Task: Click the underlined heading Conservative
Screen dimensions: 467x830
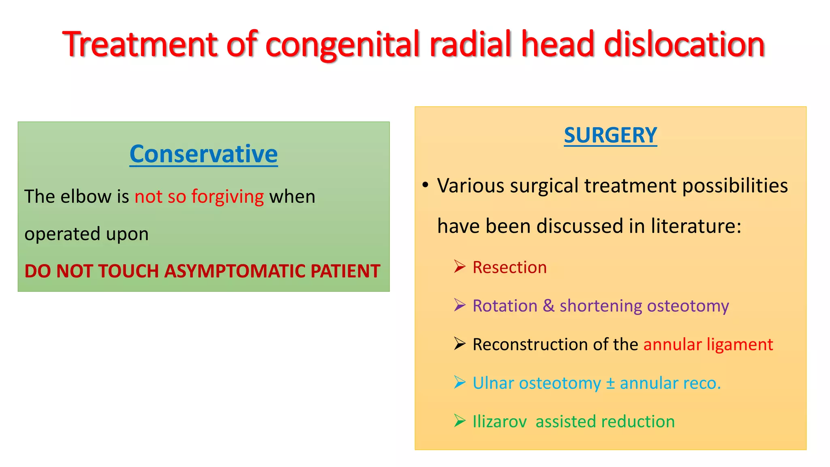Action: point(203,154)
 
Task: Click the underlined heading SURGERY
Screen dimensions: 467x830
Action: point(610,135)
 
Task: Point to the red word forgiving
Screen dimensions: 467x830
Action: point(227,197)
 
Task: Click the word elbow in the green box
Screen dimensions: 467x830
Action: point(86,197)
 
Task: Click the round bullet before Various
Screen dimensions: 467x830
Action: point(425,185)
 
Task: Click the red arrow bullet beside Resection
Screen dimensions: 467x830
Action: point(460,267)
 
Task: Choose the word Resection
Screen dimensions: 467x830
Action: point(509,268)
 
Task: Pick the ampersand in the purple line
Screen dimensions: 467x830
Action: point(548,306)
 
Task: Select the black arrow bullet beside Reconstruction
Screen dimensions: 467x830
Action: point(460,344)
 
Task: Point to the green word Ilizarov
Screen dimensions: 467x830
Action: point(499,422)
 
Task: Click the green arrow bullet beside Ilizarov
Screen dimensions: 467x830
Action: point(460,421)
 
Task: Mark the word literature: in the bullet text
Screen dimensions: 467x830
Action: point(696,226)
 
